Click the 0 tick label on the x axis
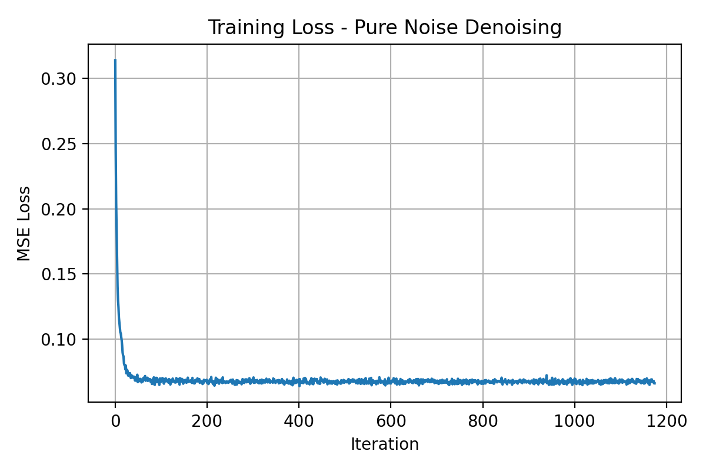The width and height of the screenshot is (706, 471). pos(115,422)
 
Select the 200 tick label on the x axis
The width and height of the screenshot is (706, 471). pos(207,422)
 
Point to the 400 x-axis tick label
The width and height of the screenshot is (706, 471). pos(299,422)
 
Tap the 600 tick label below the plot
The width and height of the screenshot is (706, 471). pos(391,422)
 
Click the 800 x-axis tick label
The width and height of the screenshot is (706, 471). pos(482,422)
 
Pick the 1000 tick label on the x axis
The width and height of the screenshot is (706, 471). pos(575,422)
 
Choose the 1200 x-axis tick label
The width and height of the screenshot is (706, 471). pos(667,422)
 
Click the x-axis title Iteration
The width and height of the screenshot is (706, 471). pos(385,445)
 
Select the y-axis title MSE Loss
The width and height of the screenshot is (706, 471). pos(24,223)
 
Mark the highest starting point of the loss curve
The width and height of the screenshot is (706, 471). pos(115,59)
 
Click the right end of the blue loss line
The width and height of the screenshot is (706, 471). pos(655,383)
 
